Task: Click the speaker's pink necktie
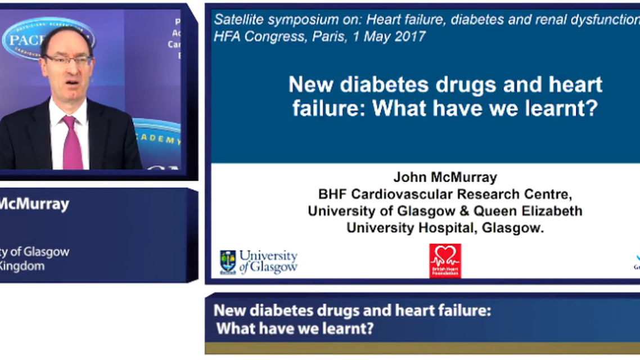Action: pyautogui.click(x=73, y=143)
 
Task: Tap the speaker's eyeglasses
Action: pyautogui.click(x=68, y=60)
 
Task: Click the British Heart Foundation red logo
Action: pyautogui.click(x=445, y=260)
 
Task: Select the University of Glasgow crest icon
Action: pyautogui.click(x=228, y=262)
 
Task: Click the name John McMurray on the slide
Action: pyautogui.click(x=445, y=177)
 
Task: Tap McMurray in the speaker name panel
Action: pyautogui.click(x=34, y=204)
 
